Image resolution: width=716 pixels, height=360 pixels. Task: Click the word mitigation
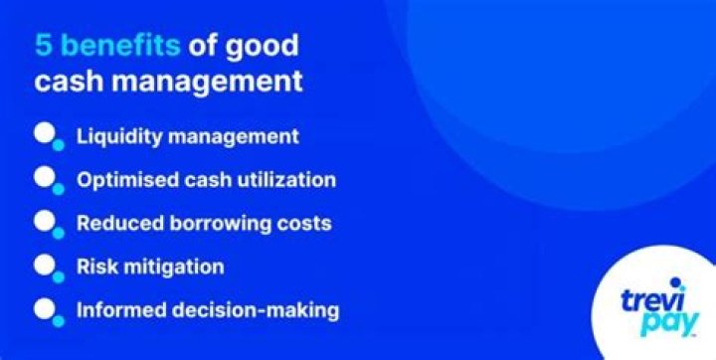172,267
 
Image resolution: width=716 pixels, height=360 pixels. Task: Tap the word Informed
117,310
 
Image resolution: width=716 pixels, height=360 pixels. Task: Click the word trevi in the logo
652,303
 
